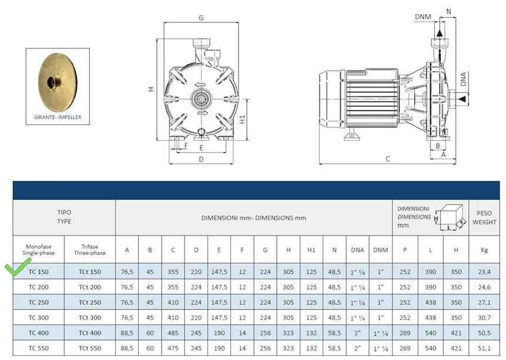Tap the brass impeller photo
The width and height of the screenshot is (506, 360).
(58, 82)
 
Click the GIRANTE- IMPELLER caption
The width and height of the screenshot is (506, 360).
(58, 117)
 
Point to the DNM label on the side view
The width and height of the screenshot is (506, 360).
(423, 17)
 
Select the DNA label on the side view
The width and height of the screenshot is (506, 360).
(464, 79)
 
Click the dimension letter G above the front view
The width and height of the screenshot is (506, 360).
(201, 18)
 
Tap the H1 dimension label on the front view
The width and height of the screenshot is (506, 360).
(242, 119)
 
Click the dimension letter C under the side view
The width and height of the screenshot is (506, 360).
(388, 159)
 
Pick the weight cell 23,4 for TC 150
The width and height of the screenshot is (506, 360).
(484, 272)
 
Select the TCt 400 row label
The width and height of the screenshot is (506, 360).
(90, 333)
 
